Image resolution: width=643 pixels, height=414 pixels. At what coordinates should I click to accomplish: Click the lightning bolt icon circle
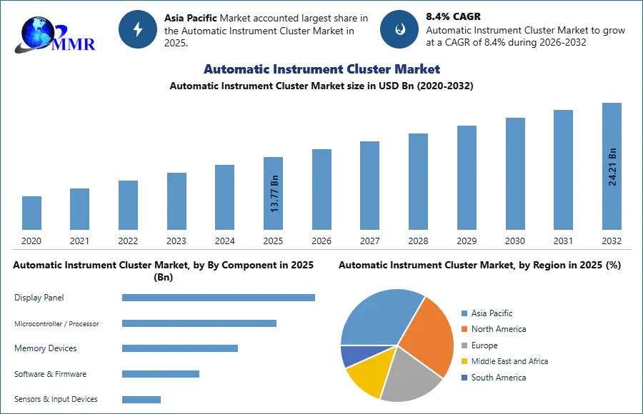(x=138, y=29)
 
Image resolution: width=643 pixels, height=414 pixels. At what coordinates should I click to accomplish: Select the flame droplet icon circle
(x=400, y=29)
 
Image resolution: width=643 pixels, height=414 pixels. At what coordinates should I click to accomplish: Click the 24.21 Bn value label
(x=612, y=166)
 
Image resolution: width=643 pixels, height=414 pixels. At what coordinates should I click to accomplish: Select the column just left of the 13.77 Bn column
(x=223, y=196)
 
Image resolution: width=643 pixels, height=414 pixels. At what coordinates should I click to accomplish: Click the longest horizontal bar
(x=219, y=297)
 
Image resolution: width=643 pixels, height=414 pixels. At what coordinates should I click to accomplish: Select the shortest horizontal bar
(x=142, y=400)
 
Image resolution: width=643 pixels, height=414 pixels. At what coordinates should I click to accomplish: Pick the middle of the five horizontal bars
(x=179, y=348)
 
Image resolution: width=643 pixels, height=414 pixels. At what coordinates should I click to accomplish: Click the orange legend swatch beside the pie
(x=464, y=330)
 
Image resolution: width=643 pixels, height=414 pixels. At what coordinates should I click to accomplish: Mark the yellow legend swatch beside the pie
(x=464, y=362)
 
